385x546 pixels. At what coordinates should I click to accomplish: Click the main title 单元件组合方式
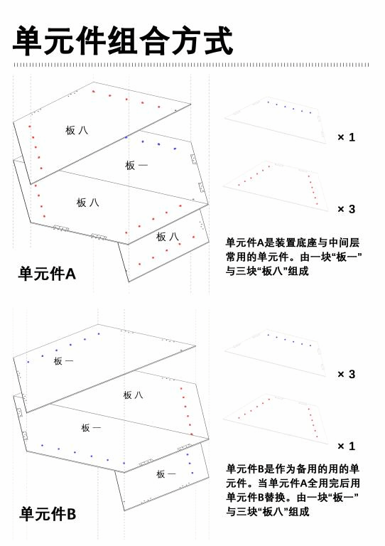123,41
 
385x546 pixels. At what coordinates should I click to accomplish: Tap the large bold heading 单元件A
47,274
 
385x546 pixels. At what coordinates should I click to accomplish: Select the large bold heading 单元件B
48,514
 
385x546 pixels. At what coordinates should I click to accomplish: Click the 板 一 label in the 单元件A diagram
136,165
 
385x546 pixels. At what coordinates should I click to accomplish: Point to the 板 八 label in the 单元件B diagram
133,395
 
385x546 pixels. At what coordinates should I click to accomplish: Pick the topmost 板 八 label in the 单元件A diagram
77,130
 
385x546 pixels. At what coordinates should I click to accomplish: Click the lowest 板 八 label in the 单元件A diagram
168,237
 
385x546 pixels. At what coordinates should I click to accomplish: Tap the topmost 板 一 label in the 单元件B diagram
63,361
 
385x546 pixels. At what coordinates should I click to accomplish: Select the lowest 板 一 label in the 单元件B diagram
166,474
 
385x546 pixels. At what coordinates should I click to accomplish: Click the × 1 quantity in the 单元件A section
347,137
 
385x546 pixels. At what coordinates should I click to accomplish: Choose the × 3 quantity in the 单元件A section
347,209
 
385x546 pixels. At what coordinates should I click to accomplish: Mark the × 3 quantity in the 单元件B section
347,374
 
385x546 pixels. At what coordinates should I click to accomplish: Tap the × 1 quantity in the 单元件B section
347,446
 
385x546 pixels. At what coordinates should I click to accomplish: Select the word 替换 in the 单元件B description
275,497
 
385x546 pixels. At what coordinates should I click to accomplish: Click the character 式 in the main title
218,41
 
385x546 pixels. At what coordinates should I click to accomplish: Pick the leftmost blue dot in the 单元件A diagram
126,137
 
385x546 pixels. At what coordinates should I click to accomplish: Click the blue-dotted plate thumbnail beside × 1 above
276,120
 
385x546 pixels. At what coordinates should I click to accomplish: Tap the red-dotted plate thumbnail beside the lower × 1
276,420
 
